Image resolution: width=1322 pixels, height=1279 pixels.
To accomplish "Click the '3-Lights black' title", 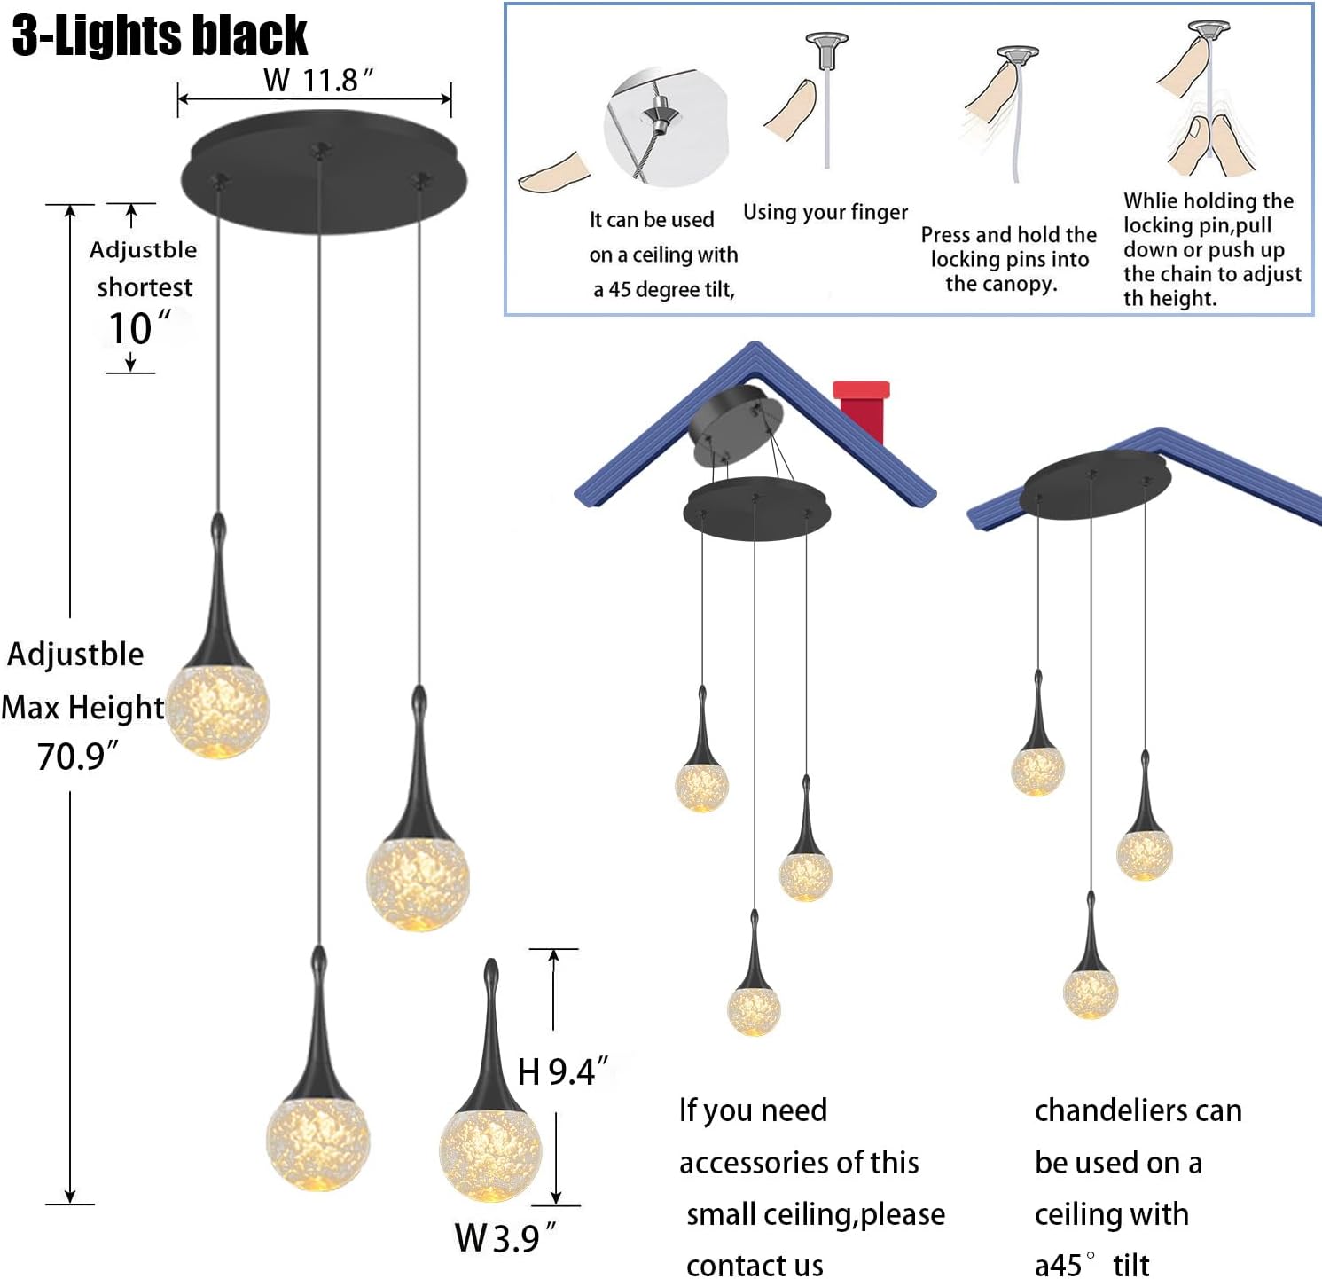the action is [160, 35].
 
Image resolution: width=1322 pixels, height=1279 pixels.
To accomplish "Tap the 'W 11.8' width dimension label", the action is [318, 80].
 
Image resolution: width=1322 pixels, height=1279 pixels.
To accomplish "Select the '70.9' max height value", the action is [77, 756].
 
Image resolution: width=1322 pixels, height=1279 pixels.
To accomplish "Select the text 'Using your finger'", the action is [825, 212].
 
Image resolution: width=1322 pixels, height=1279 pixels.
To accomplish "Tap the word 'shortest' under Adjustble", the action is [145, 287].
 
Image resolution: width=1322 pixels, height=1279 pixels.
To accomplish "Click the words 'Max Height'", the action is [82, 708].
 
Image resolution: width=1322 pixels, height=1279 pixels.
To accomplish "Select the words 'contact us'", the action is [755, 1265].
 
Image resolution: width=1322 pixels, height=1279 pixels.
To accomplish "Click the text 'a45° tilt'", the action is [1092, 1265].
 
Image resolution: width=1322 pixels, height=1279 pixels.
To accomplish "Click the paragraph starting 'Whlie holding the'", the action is [1213, 249].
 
